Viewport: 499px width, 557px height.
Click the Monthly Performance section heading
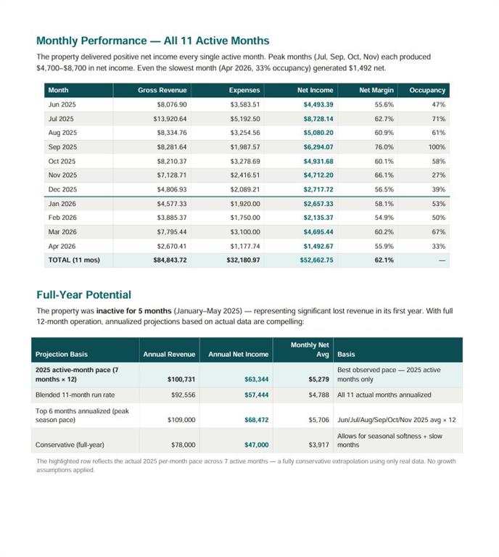point(153,41)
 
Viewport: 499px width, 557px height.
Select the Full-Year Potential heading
point(84,295)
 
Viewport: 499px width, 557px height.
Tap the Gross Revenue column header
point(162,90)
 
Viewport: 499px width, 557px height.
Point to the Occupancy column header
point(427,90)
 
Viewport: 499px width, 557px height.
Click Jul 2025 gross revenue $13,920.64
point(170,119)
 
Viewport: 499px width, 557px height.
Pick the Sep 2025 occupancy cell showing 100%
point(437,147)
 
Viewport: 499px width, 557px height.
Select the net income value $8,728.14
point(318,119)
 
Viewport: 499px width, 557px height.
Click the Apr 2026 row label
point(62,246)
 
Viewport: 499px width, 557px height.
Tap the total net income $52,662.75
point(316,260)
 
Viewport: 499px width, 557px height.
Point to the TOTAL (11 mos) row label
point(74,260)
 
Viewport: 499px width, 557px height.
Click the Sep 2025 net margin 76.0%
point(384,147)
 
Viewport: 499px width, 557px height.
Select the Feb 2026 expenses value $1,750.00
point(245,218)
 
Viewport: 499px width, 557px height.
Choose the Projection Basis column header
point(62,354)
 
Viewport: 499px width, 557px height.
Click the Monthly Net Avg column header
point(310,350)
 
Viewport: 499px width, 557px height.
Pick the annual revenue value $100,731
point(181,379)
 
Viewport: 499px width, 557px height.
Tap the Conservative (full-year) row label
point(70,445)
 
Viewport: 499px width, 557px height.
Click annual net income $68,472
point(257,420)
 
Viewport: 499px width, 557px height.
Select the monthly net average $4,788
point(318,395)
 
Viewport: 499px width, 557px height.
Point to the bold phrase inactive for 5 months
point(134,311)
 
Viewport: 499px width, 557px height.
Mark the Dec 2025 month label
point(62,189)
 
